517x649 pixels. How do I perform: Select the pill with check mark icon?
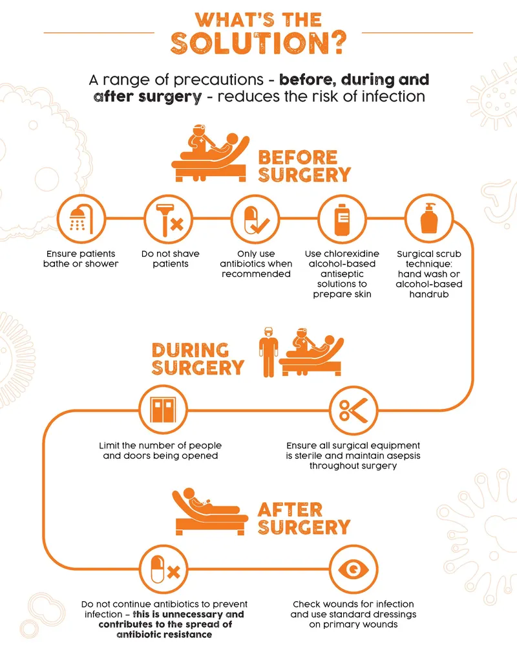[x=256, y=219]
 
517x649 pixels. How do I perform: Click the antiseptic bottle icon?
[x=343, y=219]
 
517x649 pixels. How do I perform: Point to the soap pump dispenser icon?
[x=430, y=219]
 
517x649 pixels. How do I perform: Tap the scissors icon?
[x=353, y=409]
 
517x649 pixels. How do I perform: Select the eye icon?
[x=353, y=569]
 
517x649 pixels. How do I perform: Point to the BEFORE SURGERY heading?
[x=304, y=166]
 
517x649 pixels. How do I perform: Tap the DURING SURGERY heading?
[x=197, y=359]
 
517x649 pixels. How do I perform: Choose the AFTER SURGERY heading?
[x=303, y=518]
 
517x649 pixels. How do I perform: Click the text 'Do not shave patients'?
[x=171, y=259]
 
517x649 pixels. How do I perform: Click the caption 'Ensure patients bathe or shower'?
[x=81, y=259]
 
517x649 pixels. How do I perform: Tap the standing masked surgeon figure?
[x=268, y=355]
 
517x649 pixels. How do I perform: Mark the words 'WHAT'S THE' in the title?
[x=258, y=19]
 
